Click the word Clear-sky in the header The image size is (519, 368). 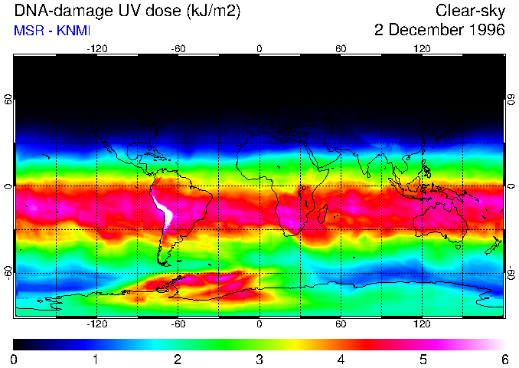pos(471,11)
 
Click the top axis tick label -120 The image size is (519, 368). pos(96,49)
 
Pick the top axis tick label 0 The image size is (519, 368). pos(259,49)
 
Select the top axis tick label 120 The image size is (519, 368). pos(422,49)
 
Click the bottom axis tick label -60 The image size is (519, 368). pos(178,323)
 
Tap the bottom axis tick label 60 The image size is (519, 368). pos(341,323)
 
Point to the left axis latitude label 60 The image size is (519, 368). pos(8,100)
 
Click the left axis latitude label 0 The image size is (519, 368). pos(8,186)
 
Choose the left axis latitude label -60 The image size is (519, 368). pos(8,273)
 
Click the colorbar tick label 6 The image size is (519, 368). pos(504,359)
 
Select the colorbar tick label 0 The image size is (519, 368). pos(15,359)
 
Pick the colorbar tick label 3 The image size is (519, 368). pos(259,359)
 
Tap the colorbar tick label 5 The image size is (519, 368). pos(423,359)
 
